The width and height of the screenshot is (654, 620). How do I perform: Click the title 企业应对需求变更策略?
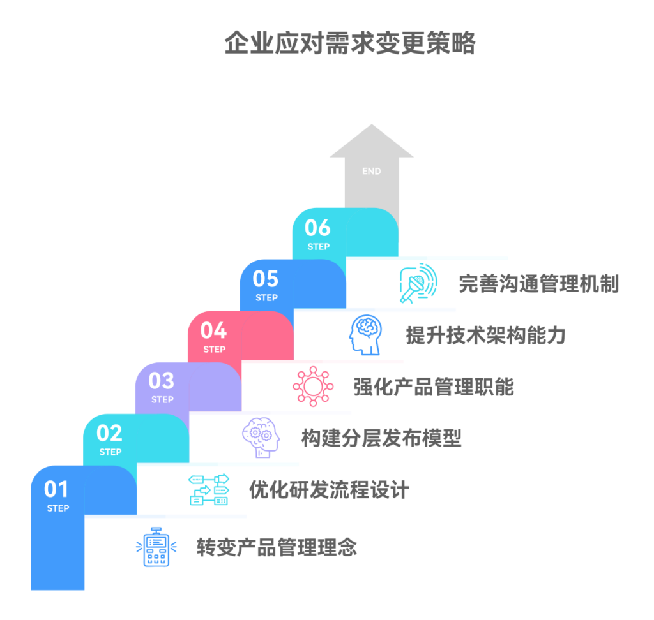click(x=350, y=44)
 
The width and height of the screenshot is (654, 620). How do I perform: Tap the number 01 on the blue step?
click(x=56, y=489)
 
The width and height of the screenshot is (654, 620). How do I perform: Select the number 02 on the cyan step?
click(x=109, y=434)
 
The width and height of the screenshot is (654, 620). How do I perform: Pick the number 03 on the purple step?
click(x=161, y=381)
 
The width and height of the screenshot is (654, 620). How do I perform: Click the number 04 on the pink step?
click(x=213, y=330)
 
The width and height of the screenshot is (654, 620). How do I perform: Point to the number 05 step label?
click(x=266, y=279)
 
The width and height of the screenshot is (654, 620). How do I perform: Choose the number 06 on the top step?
click(x=317, y=228)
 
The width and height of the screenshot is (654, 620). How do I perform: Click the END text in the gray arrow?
click(x=371, y=171)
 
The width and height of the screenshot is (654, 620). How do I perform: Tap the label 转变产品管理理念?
click(x=277, y=547)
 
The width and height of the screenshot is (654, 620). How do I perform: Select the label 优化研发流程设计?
click(x=329, y=490)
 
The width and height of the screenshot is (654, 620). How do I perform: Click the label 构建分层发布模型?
click(x=381, y=438)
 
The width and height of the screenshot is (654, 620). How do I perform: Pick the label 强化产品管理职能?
click(x=434, y=387)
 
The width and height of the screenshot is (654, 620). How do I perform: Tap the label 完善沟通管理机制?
click(x=538, y=283)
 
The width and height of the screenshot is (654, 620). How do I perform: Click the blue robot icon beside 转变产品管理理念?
click(x=156, y=547)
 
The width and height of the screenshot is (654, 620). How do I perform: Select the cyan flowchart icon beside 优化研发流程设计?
click(x=208, y=490)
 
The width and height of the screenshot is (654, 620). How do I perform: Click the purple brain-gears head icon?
click(x=261, y=437)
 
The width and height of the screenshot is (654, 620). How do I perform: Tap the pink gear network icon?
click(x=313, y=386)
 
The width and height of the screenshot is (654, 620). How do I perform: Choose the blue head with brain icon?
click(x=365, y=334)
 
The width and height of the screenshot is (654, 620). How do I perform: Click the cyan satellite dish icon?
click(x=418, y=283)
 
